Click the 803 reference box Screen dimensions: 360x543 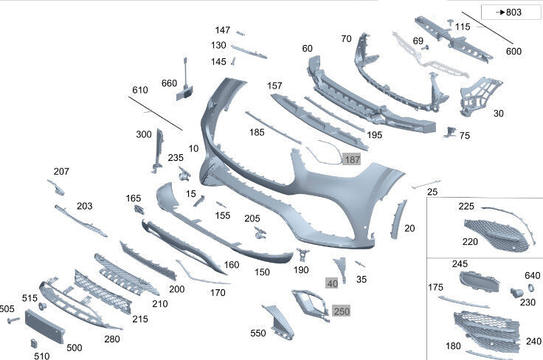coord(511,12)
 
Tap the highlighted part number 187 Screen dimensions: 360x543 coord(351,159)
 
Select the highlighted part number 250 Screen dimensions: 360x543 coord(342,311)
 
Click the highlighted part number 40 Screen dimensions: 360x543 coord(332,283)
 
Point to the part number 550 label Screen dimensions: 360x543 coord(257,333)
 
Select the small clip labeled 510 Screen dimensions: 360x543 coord(34,343)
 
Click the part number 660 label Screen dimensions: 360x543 coord(169,83)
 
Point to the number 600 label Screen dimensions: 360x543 coord(513,52)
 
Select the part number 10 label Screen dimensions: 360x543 coord(193,148)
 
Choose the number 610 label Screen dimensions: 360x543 coord(140,90)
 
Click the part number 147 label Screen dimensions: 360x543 coord(222,30)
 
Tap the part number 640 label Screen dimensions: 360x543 coord(533,277)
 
